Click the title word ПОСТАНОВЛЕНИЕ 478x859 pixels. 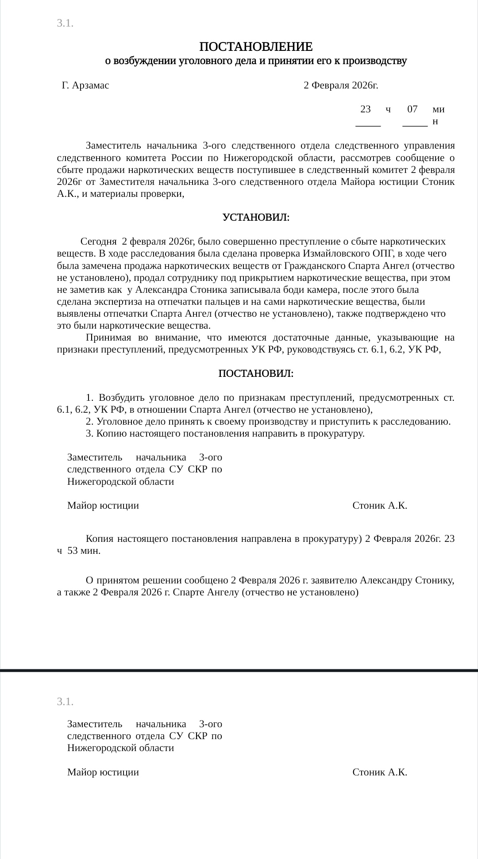tap(256, 46)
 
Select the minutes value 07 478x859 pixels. tap(412, 109)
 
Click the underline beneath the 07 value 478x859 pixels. tap(415, 127)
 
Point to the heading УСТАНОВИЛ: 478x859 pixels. tap(256, 218)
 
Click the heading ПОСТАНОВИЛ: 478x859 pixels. tap(256, 374)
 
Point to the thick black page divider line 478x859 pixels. tap(239, 671)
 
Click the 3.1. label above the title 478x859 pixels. tap(65, 23)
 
